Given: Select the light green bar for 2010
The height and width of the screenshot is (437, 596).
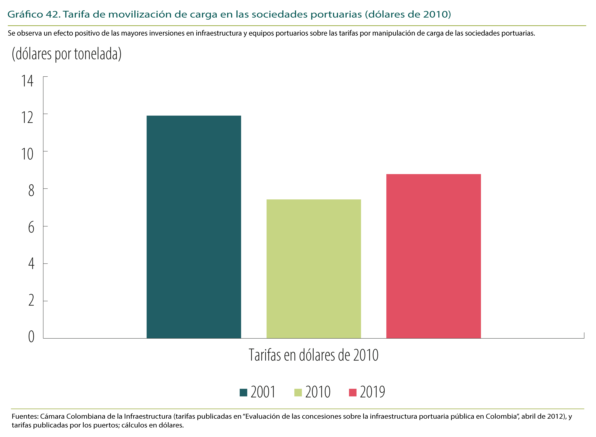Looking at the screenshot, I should (314, 269).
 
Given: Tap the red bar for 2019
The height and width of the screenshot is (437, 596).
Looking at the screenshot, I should (433, 256).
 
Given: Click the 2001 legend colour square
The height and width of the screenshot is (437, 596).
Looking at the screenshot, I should (243, 393).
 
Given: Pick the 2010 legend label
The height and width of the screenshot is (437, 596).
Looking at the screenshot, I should (318, 392).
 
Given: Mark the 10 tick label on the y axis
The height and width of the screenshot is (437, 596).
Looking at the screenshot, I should (27, 155).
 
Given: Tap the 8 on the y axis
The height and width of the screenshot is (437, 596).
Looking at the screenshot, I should (31, 191).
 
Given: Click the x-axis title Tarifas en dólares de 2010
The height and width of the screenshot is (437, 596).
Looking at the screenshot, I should (314, 355).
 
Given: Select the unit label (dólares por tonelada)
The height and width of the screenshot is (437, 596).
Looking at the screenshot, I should (67, 54).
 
